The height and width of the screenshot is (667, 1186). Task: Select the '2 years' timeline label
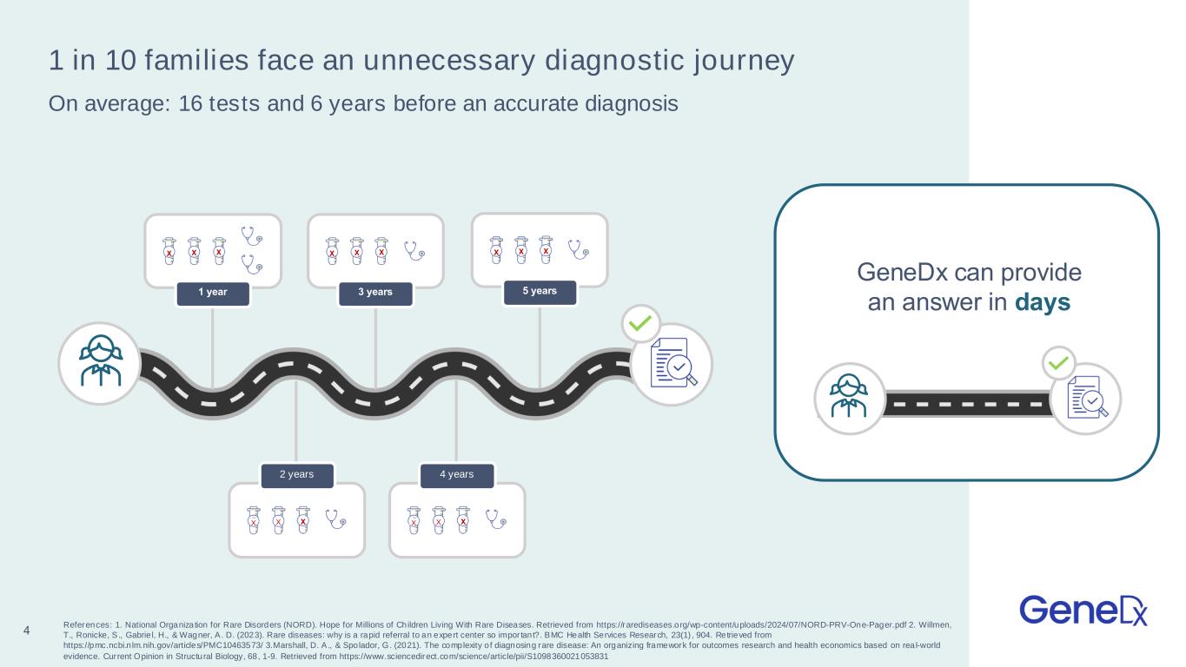297,475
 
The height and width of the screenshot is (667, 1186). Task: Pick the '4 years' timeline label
457,475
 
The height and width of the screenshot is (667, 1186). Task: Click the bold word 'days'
1043,302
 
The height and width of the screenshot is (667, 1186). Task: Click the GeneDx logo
1083,611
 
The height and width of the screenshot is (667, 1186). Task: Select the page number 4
26,630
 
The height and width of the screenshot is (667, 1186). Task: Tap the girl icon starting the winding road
100,362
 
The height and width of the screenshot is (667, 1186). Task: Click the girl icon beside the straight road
849,397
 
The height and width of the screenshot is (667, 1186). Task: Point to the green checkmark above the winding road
640,323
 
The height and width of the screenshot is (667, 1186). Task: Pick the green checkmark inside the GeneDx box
1058,363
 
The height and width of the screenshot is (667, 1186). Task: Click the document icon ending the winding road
673,363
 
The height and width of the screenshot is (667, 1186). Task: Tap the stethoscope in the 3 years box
414,251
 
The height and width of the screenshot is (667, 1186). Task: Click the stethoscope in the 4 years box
496,519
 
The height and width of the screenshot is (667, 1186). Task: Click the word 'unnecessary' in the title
449,60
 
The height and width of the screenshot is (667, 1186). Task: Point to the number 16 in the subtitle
190,103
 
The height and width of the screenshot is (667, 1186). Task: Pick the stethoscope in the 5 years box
578,249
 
